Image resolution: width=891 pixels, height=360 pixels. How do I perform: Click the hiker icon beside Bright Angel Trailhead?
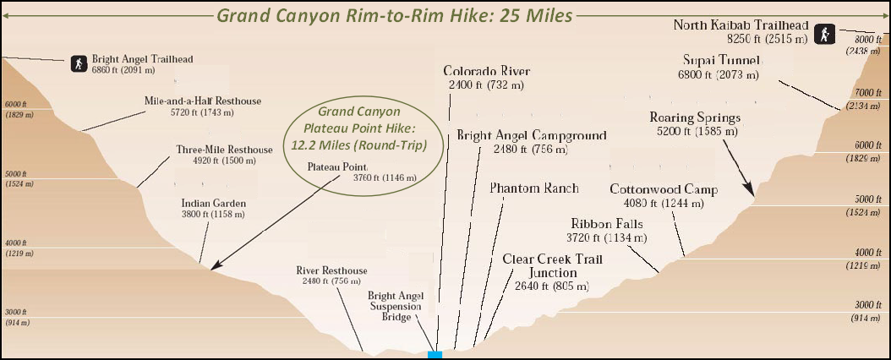click(x=79, y=63)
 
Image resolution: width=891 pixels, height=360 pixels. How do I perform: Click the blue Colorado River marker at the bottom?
click(x=435, y=354)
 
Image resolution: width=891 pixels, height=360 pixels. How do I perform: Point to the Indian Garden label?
click(x=213, y=204)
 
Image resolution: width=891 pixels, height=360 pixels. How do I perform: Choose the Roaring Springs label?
click(x=695, y=117)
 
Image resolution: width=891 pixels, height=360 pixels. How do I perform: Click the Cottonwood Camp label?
click(x=664, y=189)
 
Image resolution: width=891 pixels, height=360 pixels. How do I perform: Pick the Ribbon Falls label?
click(x=606, y=224)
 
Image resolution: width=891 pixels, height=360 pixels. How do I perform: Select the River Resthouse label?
click(x=331, y=270)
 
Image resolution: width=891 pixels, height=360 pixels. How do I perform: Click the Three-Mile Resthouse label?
click(x=224, y=150)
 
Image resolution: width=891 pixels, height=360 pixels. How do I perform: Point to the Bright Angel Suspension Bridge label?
click(x=390, y=306)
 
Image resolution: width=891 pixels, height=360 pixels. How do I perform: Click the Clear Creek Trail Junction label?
click(x=552, y=265)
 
